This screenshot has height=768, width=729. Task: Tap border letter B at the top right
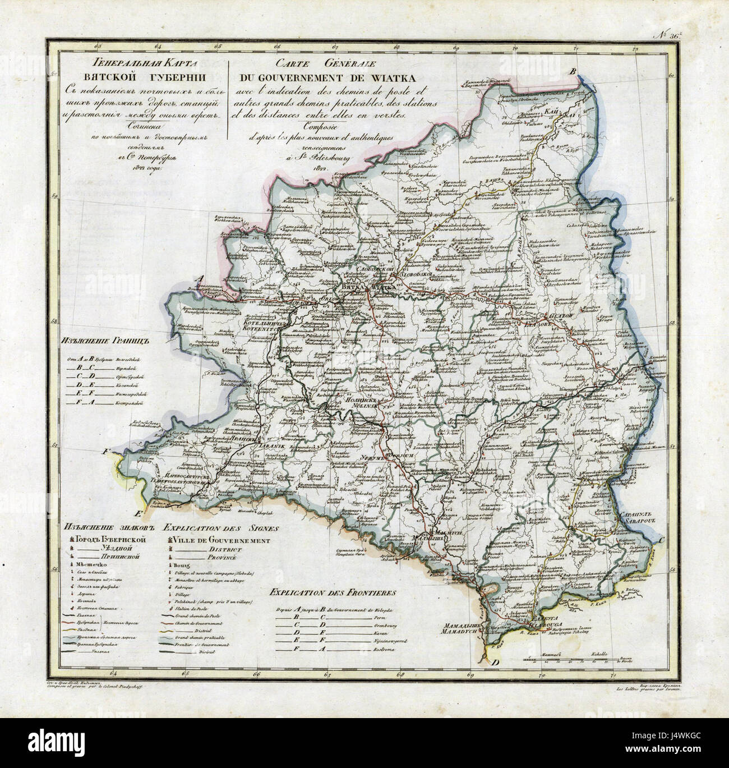573,71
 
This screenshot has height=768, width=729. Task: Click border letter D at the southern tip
494,663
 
